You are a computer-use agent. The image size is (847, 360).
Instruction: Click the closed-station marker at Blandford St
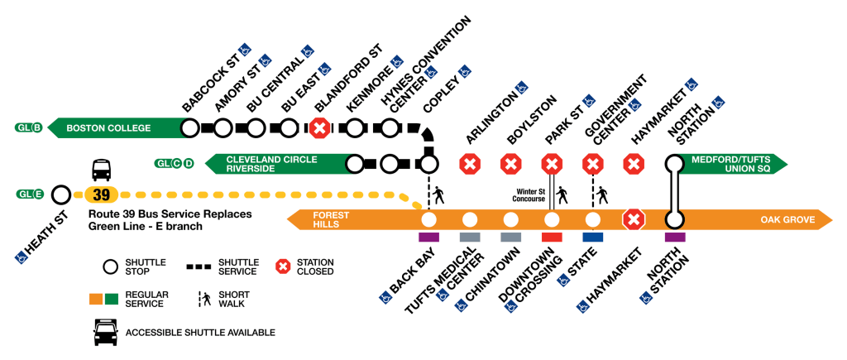point(320,128)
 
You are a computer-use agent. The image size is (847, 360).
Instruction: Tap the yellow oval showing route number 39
point(101,196)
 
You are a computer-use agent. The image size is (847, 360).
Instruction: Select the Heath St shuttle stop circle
point(60,195)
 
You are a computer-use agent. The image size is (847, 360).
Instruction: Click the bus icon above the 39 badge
point(101,170)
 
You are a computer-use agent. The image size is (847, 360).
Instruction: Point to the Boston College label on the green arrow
point(108,128)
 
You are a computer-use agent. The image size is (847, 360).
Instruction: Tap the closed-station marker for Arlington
point(471,163)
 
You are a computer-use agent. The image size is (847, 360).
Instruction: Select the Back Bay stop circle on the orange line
point(428,220)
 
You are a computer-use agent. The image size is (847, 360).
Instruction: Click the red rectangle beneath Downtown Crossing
point(552,238)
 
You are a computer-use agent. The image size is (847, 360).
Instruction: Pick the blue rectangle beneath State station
point(593,238)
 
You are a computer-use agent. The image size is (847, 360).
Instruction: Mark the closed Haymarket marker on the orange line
point(634,220)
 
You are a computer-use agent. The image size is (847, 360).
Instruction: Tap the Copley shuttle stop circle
point(428,163)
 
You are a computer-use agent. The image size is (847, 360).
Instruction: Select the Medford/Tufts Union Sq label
point(725,163)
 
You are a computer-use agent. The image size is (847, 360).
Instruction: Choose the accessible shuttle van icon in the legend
point(103,333)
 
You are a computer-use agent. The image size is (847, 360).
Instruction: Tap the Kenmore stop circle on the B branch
point(356,128)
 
